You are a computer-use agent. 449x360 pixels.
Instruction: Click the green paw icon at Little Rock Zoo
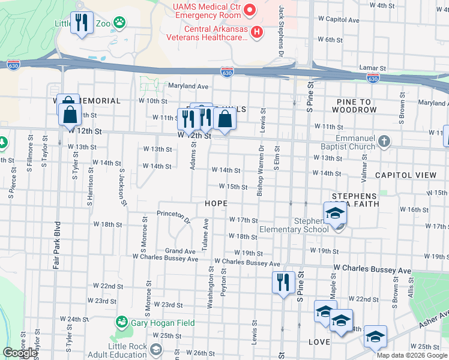[x=121, y=23]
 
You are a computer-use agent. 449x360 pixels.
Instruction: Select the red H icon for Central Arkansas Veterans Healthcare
[x=258, y=32]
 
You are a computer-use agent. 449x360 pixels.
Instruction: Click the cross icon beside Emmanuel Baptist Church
[x=384, y=143]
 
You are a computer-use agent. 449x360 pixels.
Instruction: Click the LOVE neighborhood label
[x=319, y=342]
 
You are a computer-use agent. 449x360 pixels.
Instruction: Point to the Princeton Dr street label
[x=173, y=213]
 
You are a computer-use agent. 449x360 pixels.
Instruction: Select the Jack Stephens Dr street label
[x=281, y=32]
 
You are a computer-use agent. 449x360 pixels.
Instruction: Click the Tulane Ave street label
[x=205, y=235]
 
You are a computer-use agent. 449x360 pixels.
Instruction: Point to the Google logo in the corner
[x=20, y=353]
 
